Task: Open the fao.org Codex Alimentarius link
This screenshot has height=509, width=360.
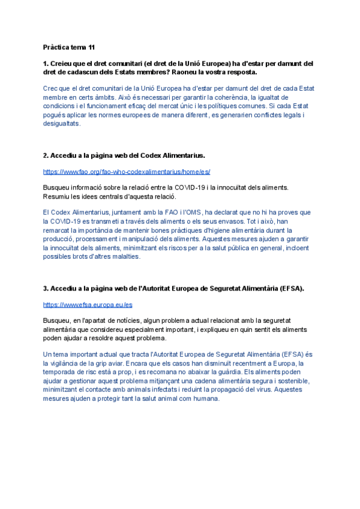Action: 127,171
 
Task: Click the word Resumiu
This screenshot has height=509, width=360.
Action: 57,196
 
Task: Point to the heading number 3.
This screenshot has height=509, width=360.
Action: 46,289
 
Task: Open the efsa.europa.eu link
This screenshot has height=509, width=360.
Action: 88,304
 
